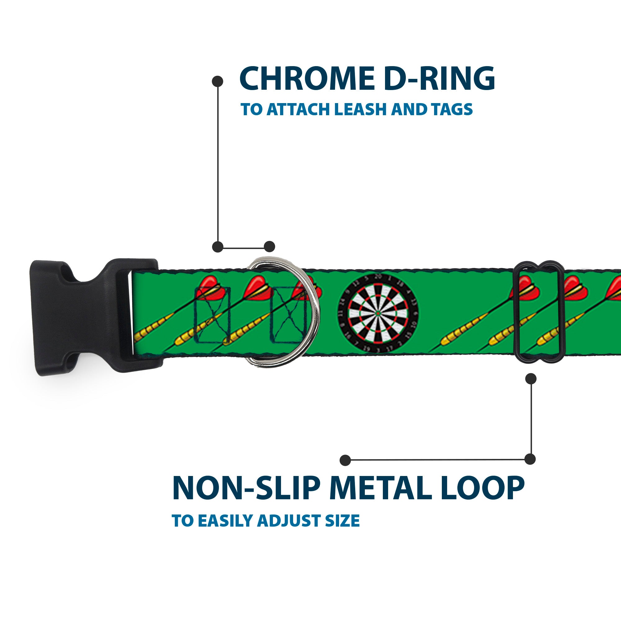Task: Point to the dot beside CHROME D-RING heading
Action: (x=218, y=81)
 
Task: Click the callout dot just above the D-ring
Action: (x=269, y=247)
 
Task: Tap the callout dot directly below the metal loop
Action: (x=530, y=378)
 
